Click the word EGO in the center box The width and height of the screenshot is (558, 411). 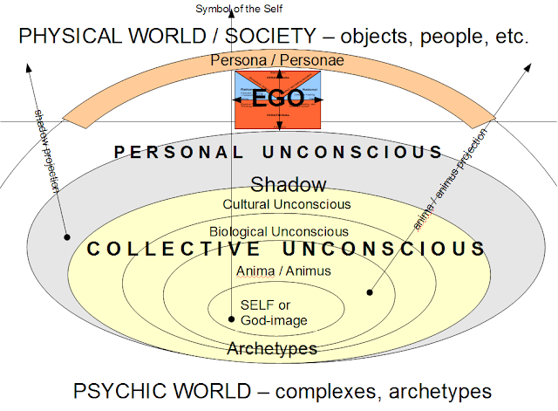click(x=279, y=98)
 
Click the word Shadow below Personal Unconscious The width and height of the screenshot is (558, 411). click(x=288, y=184)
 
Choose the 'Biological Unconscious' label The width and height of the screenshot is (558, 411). click(x=279, y=231)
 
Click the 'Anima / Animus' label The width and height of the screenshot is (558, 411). click(x=283, y=271)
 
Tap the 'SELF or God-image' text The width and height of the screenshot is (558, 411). click(x=275, y=313)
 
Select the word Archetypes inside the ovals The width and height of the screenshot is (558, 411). click(x=271, y=349)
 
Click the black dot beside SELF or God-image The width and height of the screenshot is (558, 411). click(x=231, y=319)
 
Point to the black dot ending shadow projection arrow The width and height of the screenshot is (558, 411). click(x=66, y=236)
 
